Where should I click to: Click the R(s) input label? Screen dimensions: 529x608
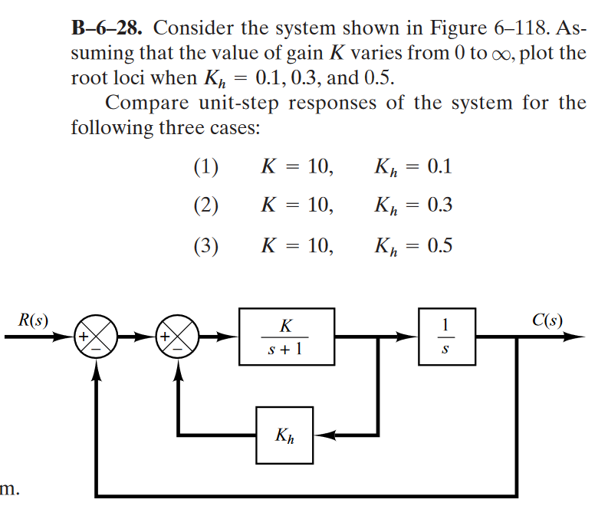click(x=32, y=318)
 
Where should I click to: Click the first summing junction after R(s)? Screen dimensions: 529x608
click(x=97, y=336)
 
